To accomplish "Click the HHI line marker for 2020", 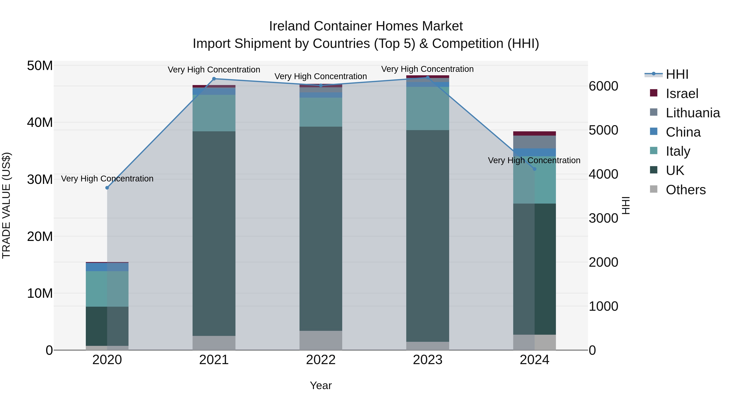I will pos(107,188).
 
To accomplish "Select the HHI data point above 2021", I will pos(214,79).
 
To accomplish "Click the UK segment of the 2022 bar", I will pos(321,228).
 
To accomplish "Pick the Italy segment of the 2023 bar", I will pos(428,108).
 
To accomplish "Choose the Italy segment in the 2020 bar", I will pos(107,289).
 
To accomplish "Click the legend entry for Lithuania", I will pos(693,113).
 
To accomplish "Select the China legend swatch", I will pos(654,132).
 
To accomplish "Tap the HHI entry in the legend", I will pos(677,74).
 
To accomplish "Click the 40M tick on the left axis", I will pos(40,123).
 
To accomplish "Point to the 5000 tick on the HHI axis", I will pos(603,130).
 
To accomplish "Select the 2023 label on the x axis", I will pos(427,360).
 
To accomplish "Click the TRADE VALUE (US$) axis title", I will pos(6,205).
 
